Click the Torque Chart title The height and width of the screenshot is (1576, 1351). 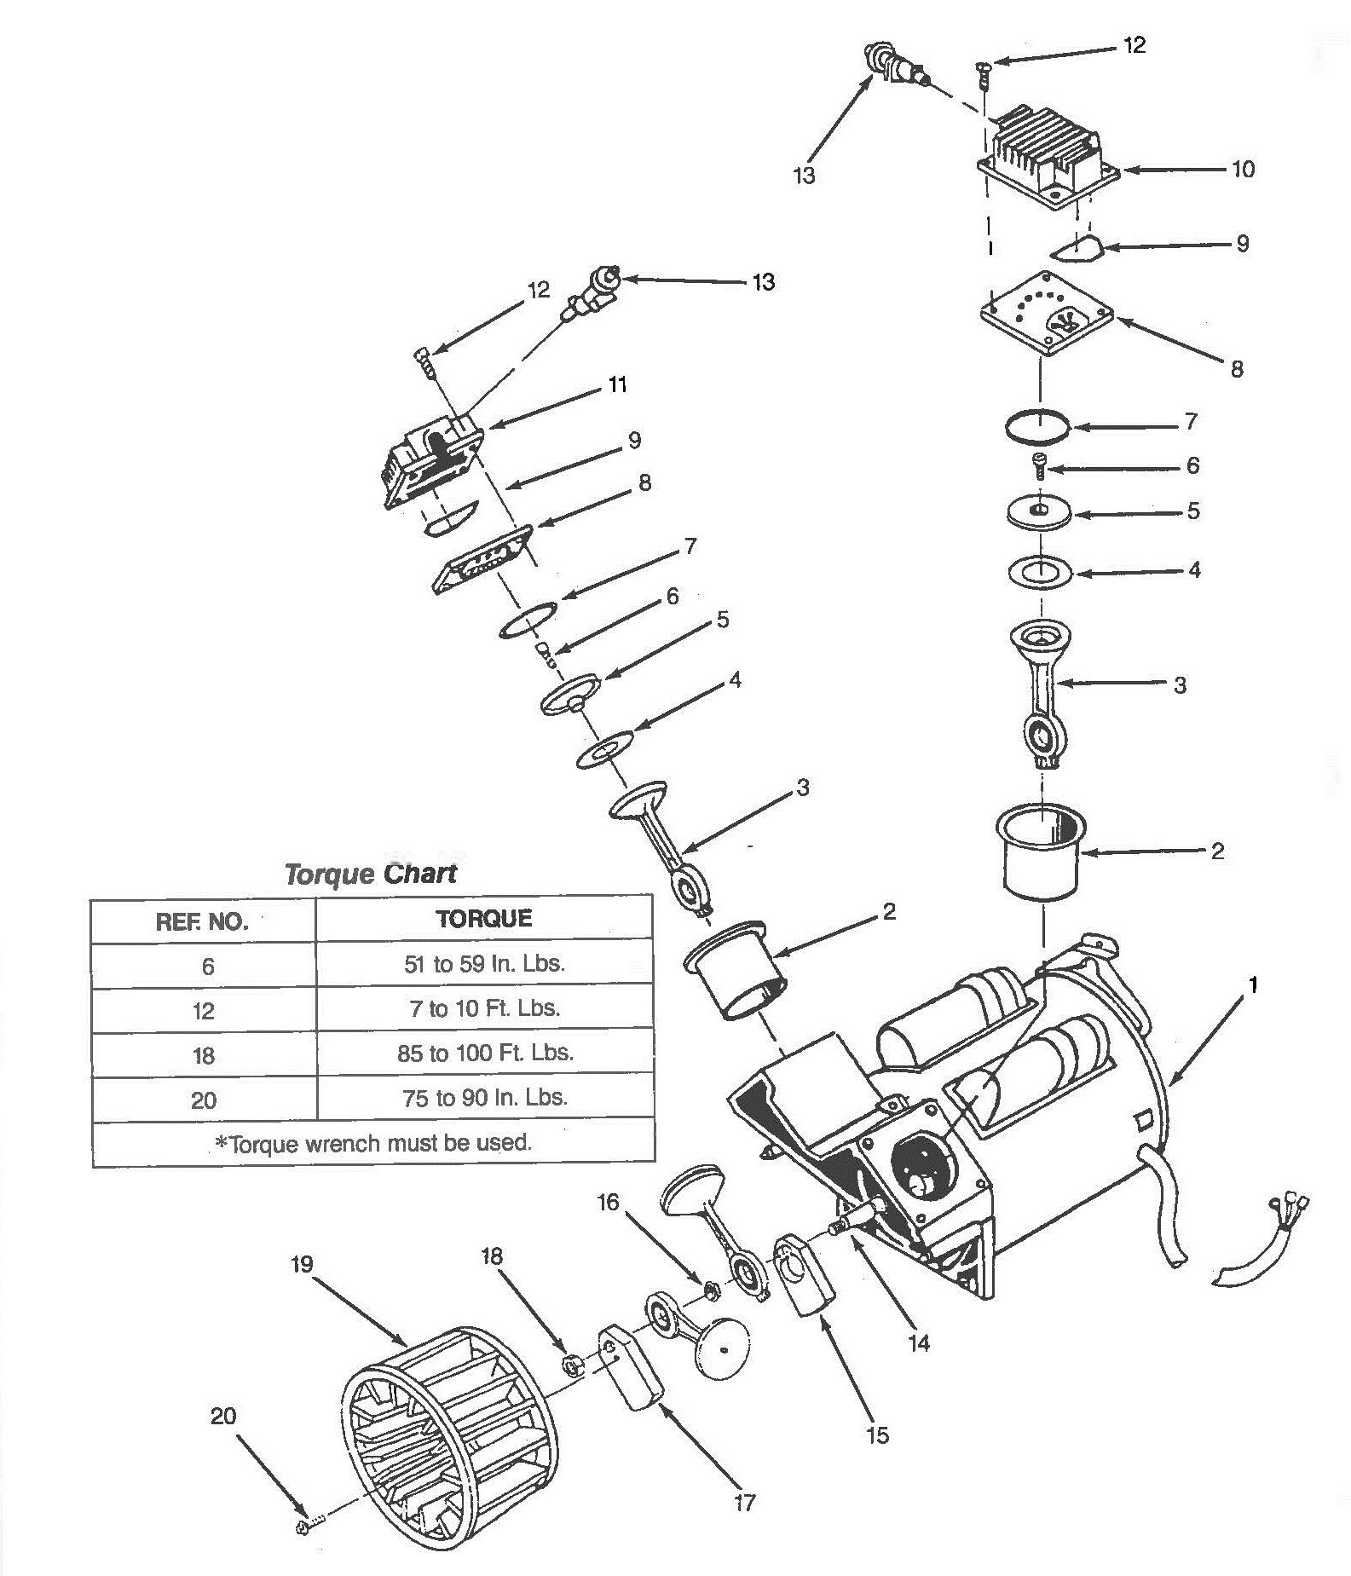[371, 874]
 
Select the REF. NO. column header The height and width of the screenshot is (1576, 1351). [202, 921]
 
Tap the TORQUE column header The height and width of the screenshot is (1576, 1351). [484, 919]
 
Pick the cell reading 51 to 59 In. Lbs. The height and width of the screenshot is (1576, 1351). [484, 964]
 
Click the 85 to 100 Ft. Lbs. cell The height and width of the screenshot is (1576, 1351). [485, 1054]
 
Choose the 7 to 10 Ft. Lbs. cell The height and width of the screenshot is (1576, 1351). [484, 1008]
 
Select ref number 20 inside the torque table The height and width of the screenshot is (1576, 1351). [203, 1100]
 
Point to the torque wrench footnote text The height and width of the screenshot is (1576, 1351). [372, 1143]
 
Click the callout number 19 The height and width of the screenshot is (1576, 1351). [302, 1264]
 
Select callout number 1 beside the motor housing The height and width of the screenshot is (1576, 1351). [1253, 985]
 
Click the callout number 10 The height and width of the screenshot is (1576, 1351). [1244, 169]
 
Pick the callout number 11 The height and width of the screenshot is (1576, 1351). [617, 384]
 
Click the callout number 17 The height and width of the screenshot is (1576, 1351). [744, 1503]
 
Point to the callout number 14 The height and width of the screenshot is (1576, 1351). [919, 1344]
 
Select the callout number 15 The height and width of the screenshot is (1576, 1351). [877, 1435]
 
